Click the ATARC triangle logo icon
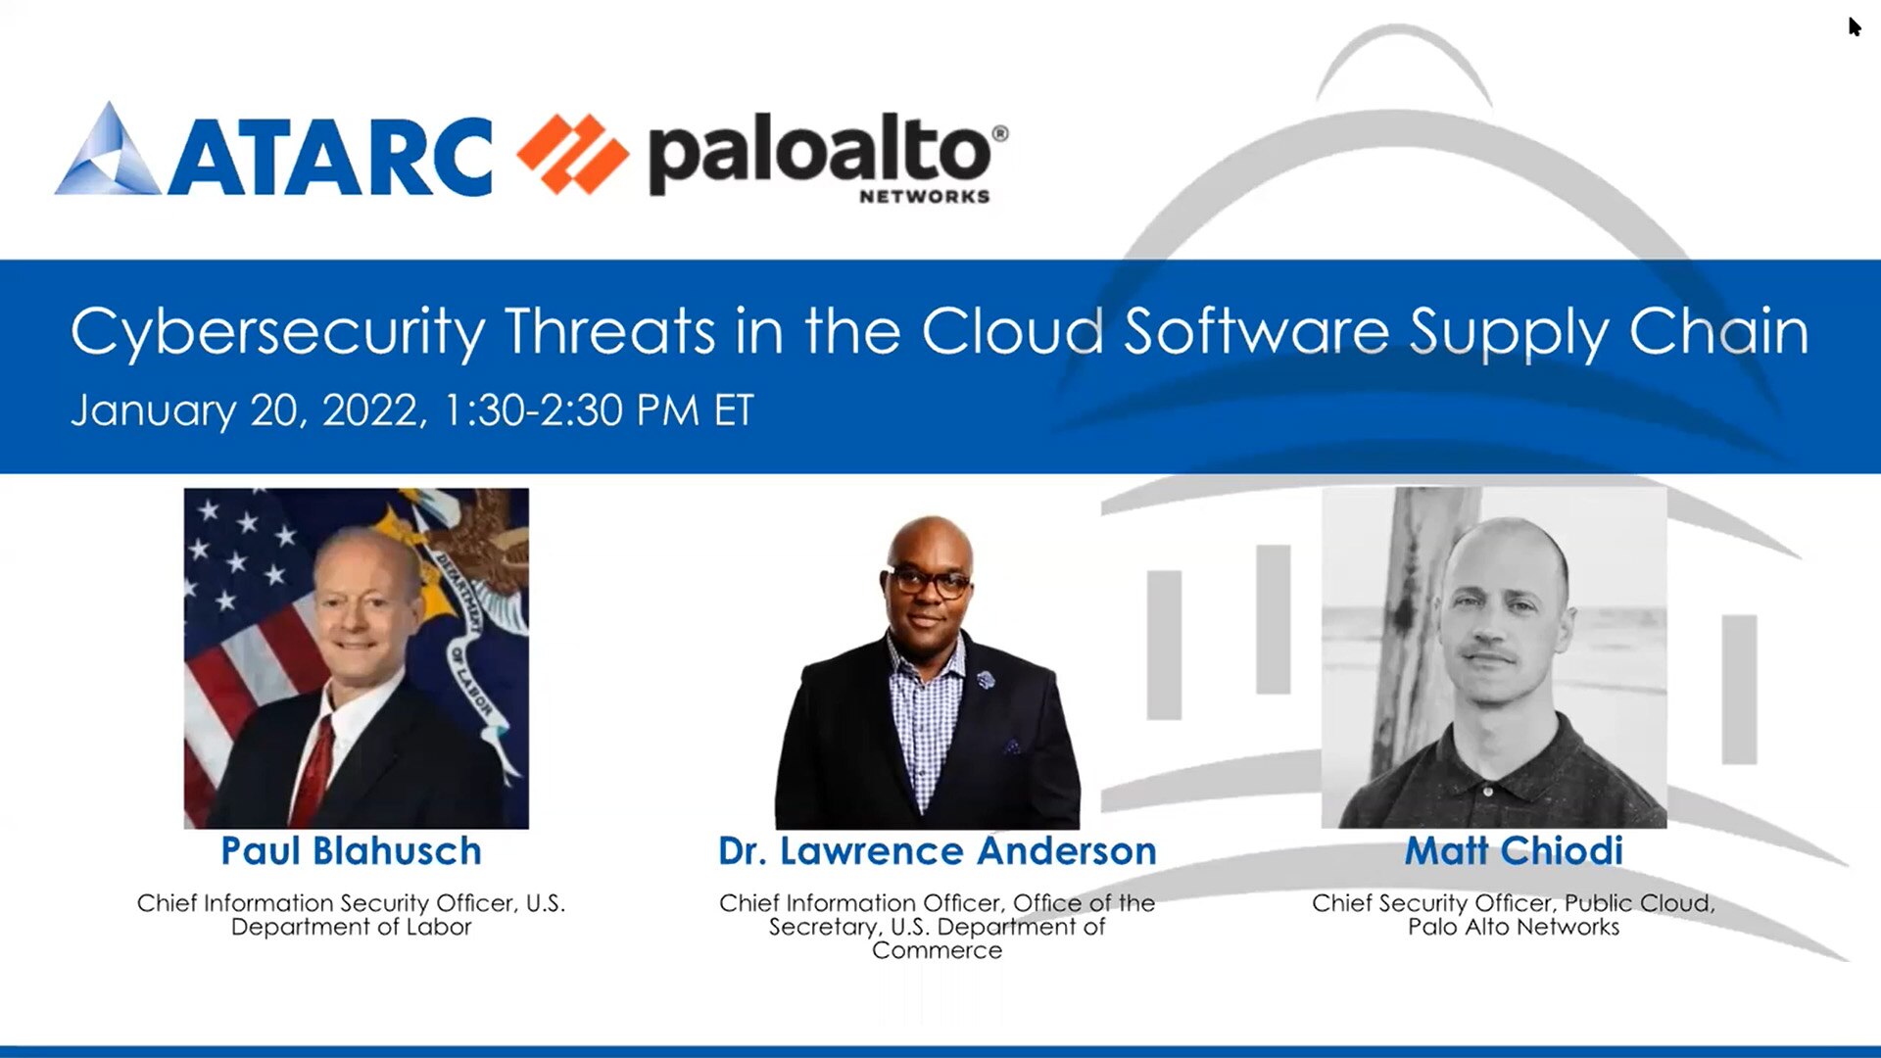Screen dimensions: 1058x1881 109,153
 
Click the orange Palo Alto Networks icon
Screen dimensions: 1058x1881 572,154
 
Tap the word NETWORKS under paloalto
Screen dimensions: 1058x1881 924,197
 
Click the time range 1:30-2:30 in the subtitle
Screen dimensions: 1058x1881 533,409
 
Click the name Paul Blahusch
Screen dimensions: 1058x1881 351,850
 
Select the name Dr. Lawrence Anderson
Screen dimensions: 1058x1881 937,850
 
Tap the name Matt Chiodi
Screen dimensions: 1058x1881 1514,850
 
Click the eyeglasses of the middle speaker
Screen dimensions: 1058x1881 930,583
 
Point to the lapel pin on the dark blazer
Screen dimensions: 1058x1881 986,678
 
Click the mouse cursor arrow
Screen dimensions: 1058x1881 1854,25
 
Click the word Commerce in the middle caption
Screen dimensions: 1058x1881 937,950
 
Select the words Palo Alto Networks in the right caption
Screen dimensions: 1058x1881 1514,927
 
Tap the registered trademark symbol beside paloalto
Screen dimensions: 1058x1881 1000,133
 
